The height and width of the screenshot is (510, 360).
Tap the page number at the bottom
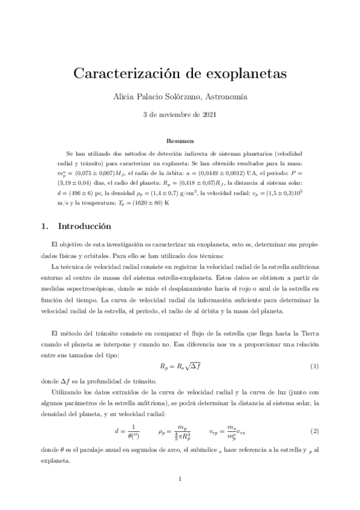point(180,479)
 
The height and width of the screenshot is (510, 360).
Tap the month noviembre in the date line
point(178,114)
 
